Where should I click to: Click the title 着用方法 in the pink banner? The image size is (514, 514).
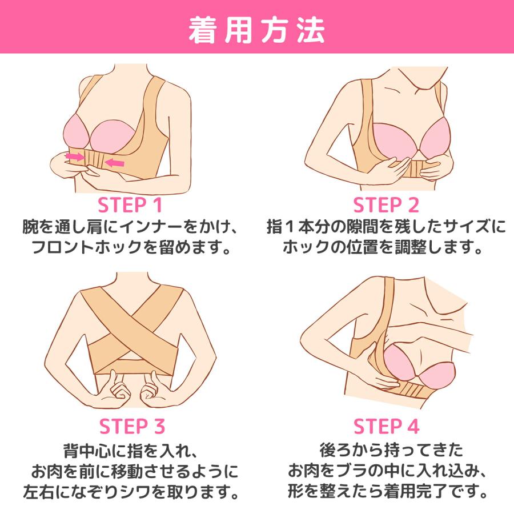256,30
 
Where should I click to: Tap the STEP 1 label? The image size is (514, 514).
130,205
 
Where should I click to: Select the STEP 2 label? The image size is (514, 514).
386,205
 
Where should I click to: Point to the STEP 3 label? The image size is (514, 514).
132,427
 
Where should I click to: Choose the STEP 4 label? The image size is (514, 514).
387,427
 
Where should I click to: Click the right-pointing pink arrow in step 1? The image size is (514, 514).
75,156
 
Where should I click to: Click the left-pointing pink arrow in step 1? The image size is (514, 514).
115,163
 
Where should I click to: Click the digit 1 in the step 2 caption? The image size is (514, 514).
290,227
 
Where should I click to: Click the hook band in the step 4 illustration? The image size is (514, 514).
407,391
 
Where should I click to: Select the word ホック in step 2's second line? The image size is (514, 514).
306,247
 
